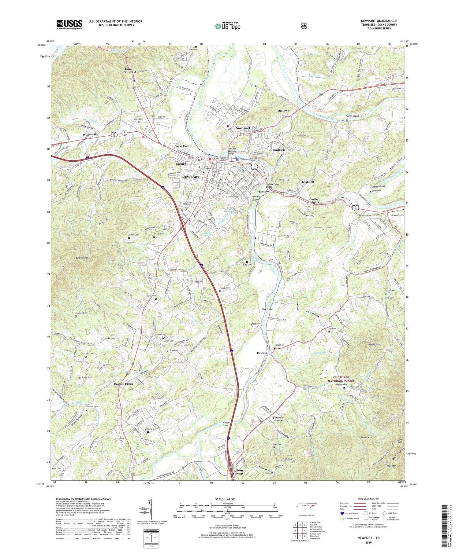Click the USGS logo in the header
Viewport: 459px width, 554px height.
[x=69, y=24]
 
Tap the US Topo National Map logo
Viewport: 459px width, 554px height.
[x=228, y=26]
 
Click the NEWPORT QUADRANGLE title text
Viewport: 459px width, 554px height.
[x=379, y=21]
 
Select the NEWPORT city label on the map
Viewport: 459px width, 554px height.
[x=191, y=177]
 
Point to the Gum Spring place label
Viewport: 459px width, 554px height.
[x=128, y=70]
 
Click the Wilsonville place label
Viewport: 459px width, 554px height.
[x=90, y=134]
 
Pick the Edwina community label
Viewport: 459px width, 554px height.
[x=262, y=353]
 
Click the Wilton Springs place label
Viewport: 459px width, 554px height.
[x=238, y=472]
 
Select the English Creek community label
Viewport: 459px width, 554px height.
[x=123, y=384]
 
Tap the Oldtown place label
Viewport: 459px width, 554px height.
[x=283, y=111]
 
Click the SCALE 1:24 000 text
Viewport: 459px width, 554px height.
[x=227, y=499]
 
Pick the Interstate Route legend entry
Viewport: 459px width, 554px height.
[x=350, y=513]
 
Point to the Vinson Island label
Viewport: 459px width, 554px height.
[x=226, y=424]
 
